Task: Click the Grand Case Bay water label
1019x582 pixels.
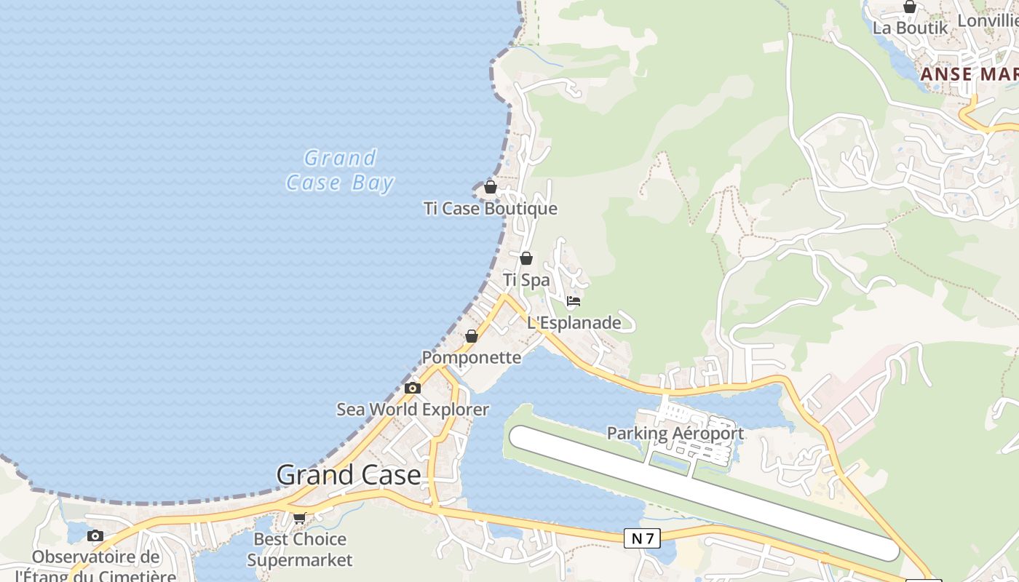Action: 340,170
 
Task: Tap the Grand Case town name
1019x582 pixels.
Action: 349,475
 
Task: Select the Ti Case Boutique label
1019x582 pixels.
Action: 491,209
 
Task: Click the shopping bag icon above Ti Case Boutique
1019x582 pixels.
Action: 491,187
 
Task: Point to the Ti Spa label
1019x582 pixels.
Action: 526,280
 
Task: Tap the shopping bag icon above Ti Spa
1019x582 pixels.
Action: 526,258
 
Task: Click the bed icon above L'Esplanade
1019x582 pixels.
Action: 574,300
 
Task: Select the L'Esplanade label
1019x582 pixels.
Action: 574,322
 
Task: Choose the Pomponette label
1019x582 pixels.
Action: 472,358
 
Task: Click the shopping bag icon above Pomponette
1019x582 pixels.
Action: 472,336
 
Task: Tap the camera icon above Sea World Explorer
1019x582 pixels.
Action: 413,388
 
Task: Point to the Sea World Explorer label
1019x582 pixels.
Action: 413,410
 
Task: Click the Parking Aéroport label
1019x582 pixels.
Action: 675,434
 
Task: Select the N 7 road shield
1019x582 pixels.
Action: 642,538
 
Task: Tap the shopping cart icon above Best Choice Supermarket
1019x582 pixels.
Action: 299,518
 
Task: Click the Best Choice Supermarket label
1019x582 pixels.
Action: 299,549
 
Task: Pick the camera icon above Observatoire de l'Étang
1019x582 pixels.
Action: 95,536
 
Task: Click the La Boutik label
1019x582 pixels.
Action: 911,28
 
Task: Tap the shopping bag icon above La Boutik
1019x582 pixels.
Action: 910,7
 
